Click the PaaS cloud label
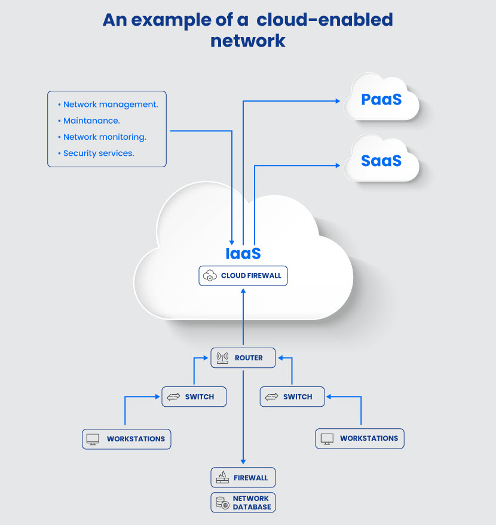click(381, 99)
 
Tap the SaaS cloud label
click(381, 161)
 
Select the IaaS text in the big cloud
click(243, 253)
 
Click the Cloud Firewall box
click(243, 276)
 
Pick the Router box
click(243, 358)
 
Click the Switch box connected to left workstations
click(194, 397)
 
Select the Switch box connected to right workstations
click(292, 397)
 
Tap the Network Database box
click(243, 502)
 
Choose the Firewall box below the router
click(243, 477)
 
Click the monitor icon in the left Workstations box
click(93, 439)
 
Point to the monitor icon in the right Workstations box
click(327, 438)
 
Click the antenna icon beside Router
click(222, 358)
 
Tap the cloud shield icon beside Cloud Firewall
click(210, 275)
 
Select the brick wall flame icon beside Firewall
click(222, 477)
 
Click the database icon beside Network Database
click(222, 502)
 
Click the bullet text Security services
click(99, 153)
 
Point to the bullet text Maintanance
click(91, 121)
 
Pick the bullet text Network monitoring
click(105, 137)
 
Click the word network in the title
click(248, 41)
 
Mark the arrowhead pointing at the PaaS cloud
click(338, 101)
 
